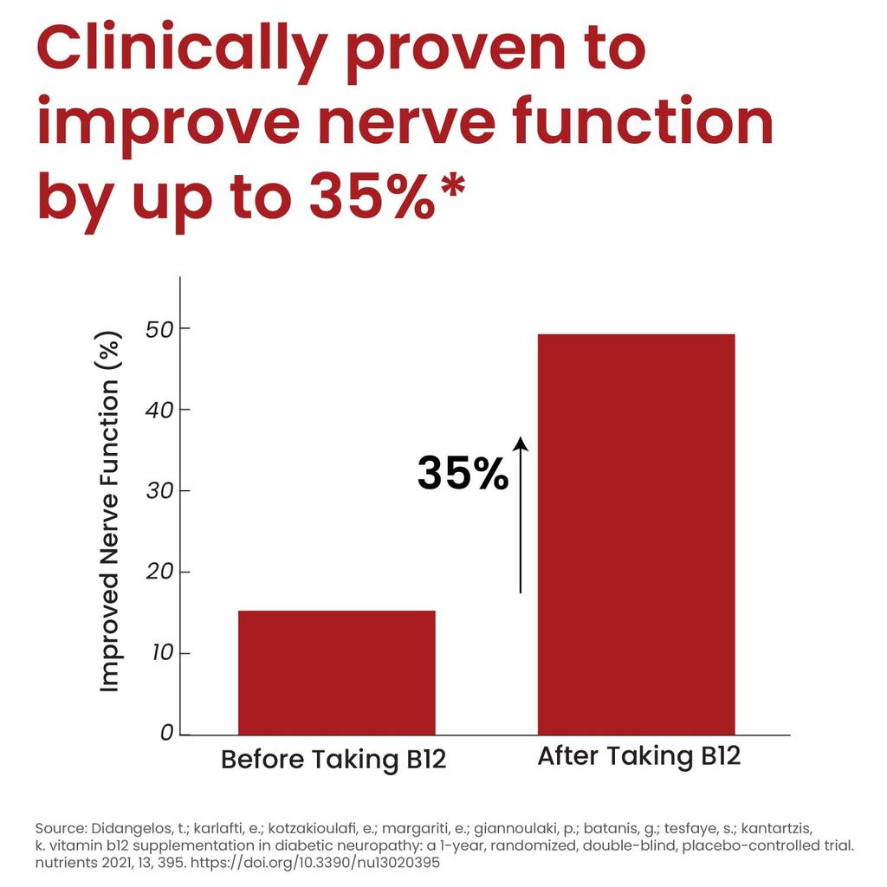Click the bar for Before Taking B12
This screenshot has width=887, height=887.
[336, 672]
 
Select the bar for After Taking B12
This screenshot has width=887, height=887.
[636, 534]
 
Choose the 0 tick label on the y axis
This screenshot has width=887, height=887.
[167, 733]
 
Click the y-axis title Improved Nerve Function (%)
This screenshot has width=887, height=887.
[110, 511]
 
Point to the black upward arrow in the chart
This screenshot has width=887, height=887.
[521, 515]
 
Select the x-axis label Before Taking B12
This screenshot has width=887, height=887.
[333, 760]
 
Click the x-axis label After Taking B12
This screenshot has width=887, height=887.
[639, 755]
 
